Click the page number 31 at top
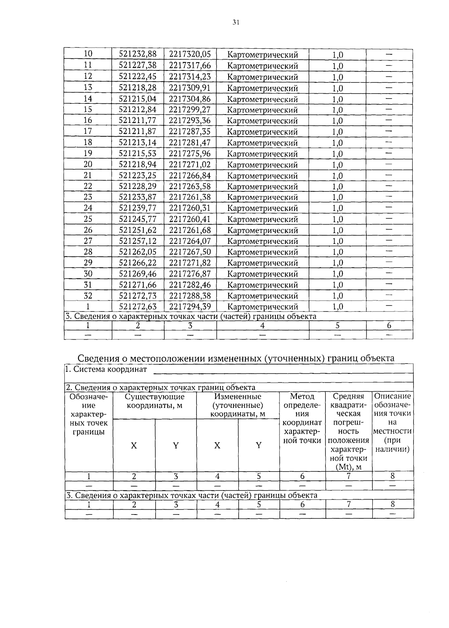pyautogui.click(x=235, y=22)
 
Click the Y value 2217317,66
pyautogui.click(x=190, y=66)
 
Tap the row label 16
pyautogui.click(x=88, y=120)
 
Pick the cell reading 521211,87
pyautogui.click(x=138, y=131)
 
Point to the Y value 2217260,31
pyautogui.click(x=190, y=208)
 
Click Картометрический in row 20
pyautogui.click(x=263, y=165)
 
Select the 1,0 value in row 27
pyautogui.click(x=337, y=241)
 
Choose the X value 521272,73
pyautogui.click(x=138, y=296)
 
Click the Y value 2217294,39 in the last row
pyautogui.click(x=190, y=307)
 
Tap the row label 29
pyautogui.click(x=88, y=263)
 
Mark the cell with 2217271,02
pyautogui.click(x=190, y=164)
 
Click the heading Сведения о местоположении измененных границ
pyautogui.click(x=236, y=358)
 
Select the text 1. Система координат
pyautogui.click(x=106, y=370)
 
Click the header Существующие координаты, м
pyautogui.click(x=155, y=401)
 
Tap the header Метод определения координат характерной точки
pyautogui.click(x=302, y=418)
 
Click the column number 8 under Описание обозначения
pyautogui.click(x=393, y=476)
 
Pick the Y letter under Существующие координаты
pyautogui.click(x=175, y=445)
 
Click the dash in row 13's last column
pyautogui.click(x=389, y=88)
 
